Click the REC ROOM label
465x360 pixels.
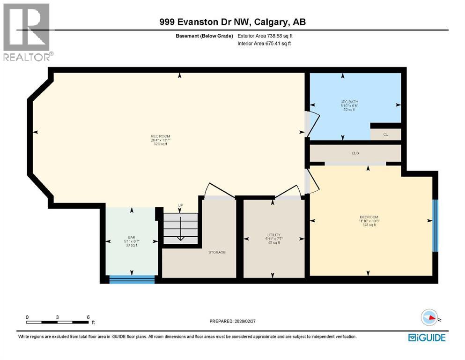point(159,136)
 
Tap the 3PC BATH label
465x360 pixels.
point(349,102)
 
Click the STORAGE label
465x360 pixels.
point(217,252)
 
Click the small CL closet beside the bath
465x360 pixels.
point(385,135)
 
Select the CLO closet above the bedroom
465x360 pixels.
point(355,153)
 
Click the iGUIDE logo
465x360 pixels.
point(427,337)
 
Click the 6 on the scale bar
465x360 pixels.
point(88,317)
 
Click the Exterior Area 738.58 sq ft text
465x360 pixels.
point(266,36)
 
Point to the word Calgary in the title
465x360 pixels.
point(270,22)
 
